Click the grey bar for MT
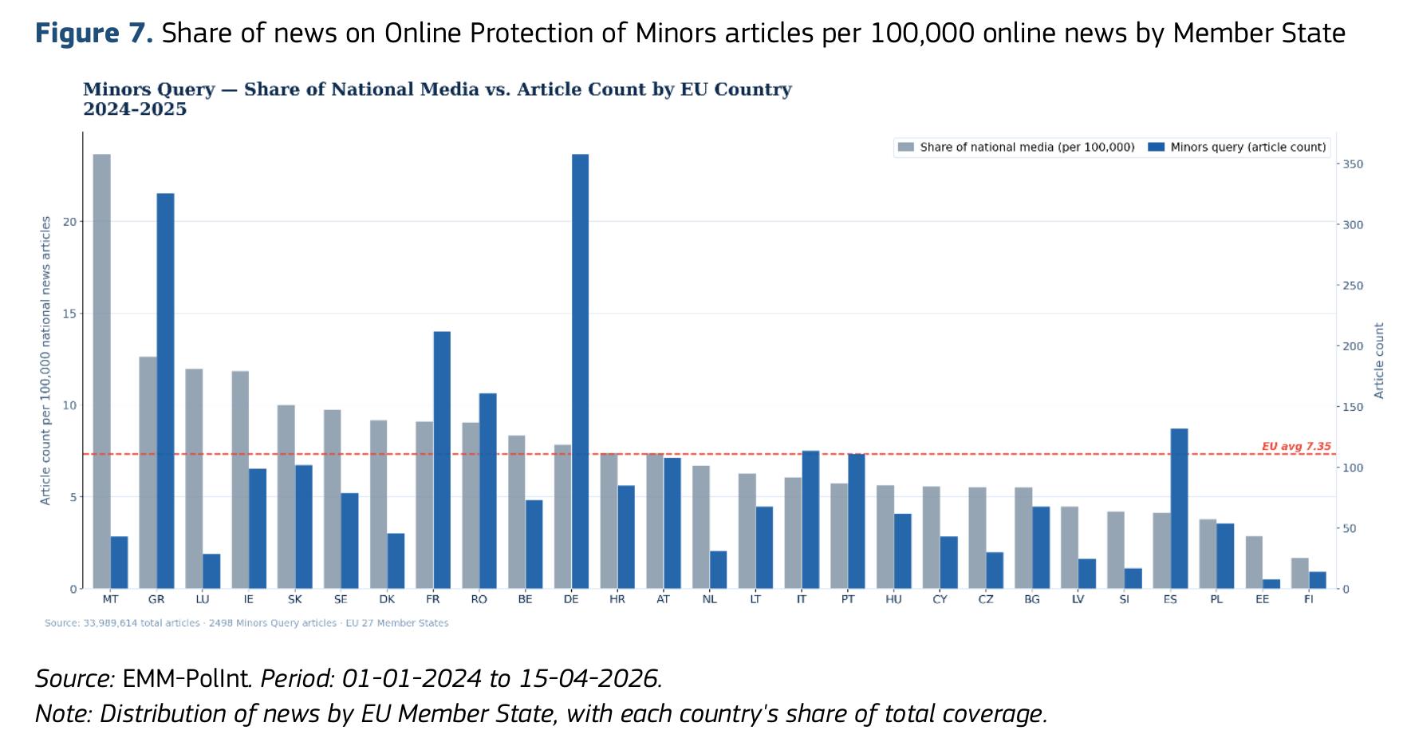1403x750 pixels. pyautogui.click(x=102, y=371)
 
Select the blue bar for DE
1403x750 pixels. pyautogui.click(x=581, y=371)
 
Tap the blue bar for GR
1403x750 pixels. pyautogui.click(x=165, y=391)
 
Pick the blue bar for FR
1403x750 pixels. pyautogui.click(x=442, y=460)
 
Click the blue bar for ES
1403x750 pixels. pyautogui.click(x=1179, y=508)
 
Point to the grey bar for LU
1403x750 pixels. pyautogui.click(x=194, y=479)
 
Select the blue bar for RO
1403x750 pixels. pyautogui.click(x=488, y=491)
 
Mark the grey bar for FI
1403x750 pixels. pyautogui.click(x=1300, y=574)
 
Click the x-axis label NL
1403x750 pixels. pyautogui.click(x=710, y=599)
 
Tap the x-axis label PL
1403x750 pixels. pyautogui.click(x=1216, y=599)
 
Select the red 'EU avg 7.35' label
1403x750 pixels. pyautogui.click(x=1296, y=446)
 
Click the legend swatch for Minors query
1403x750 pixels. pyautogui.click(x=1156, y=147)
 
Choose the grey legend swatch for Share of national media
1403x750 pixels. pyautogui.click(x=905, y=147)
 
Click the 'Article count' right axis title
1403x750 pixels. pyautogui.click(x=1379, y=361)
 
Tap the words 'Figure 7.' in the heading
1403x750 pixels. pyautogui.click(x=94, y=34)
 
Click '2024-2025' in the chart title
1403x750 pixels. pyautogui.click(x=135, y=109)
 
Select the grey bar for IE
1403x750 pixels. pyautogui.click(x=240, y=480)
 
